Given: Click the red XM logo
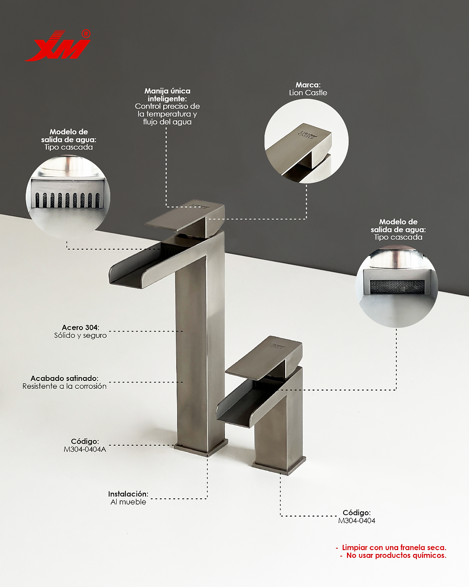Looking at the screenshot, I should [57, 46].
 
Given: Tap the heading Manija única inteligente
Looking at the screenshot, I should [167, 95].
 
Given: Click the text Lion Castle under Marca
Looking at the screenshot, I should [308, 92].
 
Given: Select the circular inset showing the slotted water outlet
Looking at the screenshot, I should [68, 196].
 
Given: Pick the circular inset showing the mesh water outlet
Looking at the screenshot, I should [397, 286].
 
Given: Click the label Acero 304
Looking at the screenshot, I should [80, 327].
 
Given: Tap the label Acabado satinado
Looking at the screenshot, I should [65, 378].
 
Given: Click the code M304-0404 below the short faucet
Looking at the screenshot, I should [357, 520].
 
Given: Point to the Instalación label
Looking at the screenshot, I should [128, 494].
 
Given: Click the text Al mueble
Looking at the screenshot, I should [128, 502].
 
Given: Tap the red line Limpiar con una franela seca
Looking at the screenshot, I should [394, 547].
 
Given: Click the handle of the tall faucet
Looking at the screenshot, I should [184, 218].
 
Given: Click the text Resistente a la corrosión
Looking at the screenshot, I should [64, 386].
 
